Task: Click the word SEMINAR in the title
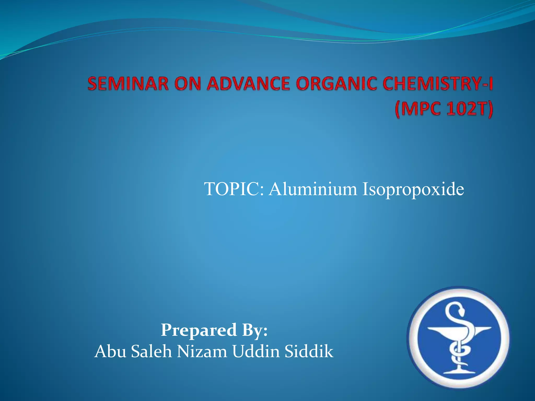(x=128, y=84)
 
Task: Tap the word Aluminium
(x=313, y=189)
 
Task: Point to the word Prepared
(x=199, y=331)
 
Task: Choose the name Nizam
(x=202, y=351)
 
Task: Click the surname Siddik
(x=309, y=351)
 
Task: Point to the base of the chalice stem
(x=457, y=371)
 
